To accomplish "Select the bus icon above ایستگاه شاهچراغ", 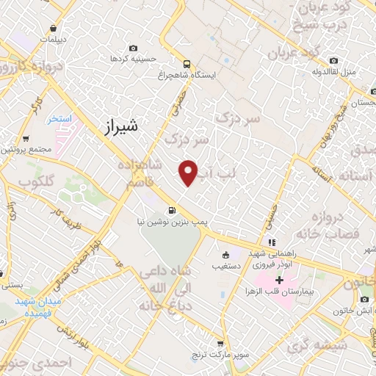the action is (x=187, y=63).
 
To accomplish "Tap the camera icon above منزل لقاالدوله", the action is (x=334, y=60).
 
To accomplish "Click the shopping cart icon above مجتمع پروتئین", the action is (x=27, y=138).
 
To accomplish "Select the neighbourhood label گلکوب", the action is (x=37, y=181).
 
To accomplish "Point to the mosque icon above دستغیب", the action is (x=225, y=256).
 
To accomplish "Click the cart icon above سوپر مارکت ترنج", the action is (x=220, y=343).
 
